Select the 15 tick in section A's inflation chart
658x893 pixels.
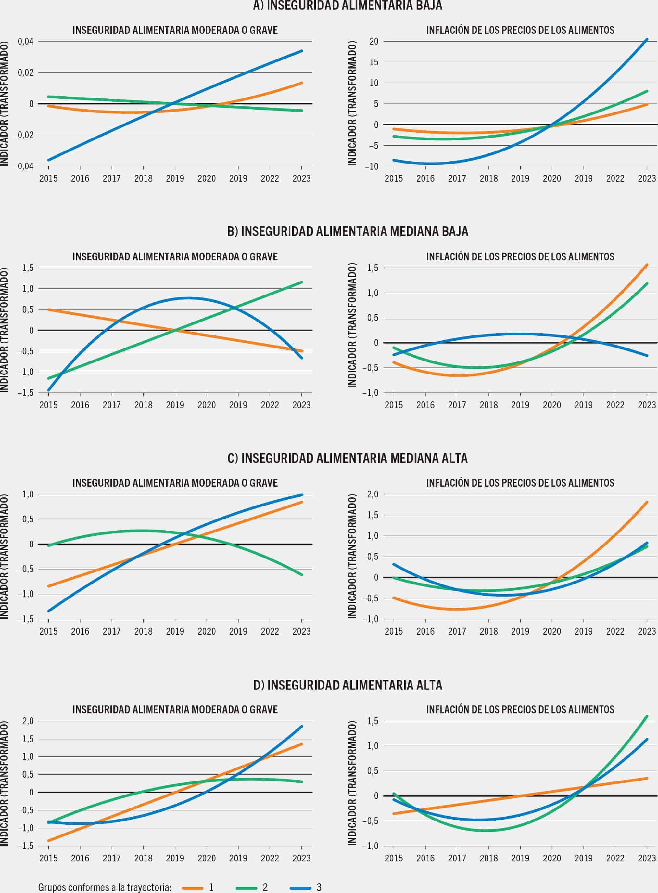(x=373, y=62)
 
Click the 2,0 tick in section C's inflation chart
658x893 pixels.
(x=373, y=494)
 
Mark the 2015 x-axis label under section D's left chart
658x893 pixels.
(x=48, y=858)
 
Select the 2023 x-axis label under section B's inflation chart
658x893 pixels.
(x=646, y=405)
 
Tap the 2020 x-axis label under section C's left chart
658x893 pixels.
(x=206, y=632)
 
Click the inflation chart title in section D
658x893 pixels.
(x=520, y=710)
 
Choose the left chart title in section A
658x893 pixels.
(x=175, y=30)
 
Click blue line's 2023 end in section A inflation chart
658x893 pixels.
(x=646, y=39)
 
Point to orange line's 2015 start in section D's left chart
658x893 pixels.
(x=49, y=840)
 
